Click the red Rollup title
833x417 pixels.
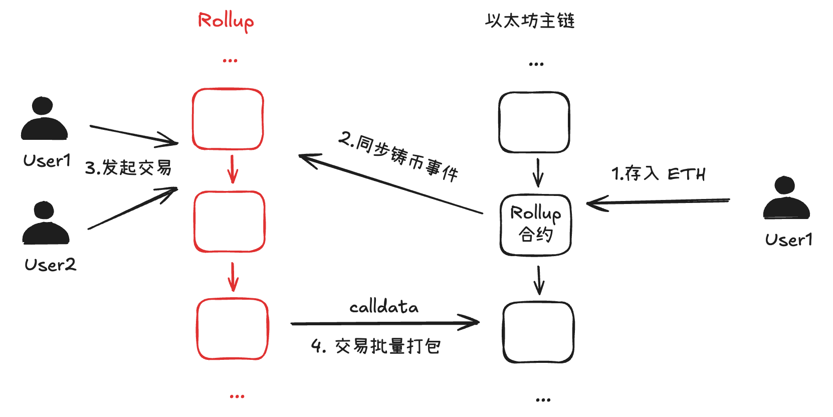[226, 21]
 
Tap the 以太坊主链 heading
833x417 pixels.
[530, 21]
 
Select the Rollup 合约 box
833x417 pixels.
[535, 225]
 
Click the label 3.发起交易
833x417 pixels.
[128, 167]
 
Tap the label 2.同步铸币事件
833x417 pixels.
[398, 156]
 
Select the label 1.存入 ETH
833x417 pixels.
[658, 174]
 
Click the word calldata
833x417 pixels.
[383, 306]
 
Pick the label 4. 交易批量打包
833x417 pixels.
[376, 346]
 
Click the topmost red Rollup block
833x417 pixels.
[228, 119]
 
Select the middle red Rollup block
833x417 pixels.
[230, 222]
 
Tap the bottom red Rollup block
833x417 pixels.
[233, 329]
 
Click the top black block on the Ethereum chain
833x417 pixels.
[534, 122]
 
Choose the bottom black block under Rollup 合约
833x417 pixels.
[538, 332]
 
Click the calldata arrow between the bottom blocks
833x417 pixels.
[384, 323]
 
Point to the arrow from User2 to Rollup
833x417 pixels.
[133, 209]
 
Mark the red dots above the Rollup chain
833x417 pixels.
[230, 61]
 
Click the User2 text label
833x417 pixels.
[50, 265]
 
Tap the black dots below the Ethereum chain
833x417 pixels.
[543, 400]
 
